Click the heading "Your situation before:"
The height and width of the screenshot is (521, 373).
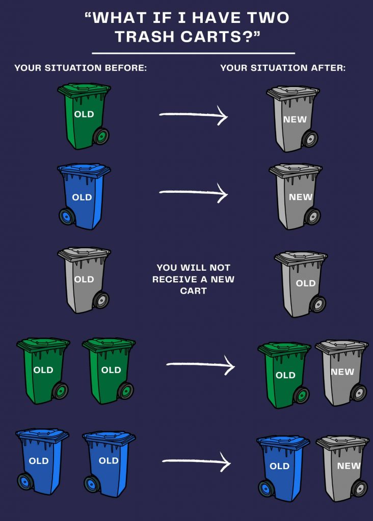[x=81, y=68]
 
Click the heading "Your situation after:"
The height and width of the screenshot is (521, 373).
[x=283, y=68]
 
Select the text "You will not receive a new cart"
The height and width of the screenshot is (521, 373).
[x=193, y=279]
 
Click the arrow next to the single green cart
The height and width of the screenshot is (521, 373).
[x=193, y=115]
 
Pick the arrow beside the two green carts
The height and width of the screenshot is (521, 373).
[x=200, y=365]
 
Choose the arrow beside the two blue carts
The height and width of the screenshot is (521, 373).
[x=196, y=461]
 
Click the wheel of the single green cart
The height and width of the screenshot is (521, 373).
[x=101, y=136]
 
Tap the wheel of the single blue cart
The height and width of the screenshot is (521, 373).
[x=67, y=216]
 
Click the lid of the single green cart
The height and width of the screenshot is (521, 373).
[x=84, y=89]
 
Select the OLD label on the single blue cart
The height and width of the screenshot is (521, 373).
[x=82, y=197]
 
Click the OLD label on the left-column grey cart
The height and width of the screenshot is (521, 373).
[x=84, y=279]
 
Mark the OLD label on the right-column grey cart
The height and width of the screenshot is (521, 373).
[x=305, y=283]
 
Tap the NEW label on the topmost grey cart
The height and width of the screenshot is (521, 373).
[x=295, y=119]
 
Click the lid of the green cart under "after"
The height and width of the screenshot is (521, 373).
[x=284, y=349]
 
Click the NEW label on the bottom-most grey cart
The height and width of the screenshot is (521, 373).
[x=349, y=466]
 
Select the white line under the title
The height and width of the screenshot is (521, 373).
[x=193, y=53]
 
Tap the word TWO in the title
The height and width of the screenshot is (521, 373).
[x=268, y=18]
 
